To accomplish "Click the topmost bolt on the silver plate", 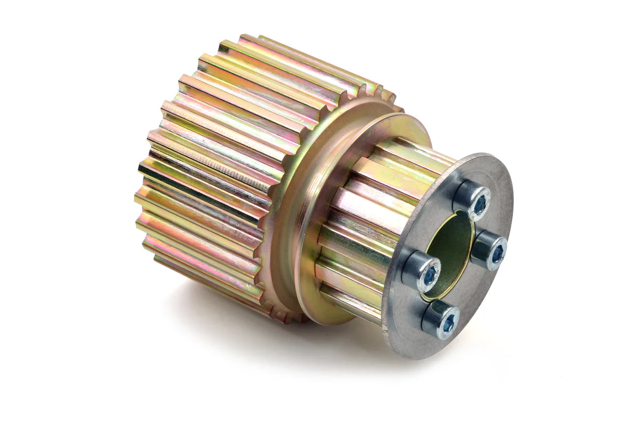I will coord(472,200).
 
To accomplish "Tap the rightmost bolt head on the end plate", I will coord(490,250).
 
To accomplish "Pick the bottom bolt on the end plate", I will coord(441,319).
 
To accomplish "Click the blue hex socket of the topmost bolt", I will coord(480,203).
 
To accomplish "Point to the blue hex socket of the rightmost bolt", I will coord(497,253).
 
